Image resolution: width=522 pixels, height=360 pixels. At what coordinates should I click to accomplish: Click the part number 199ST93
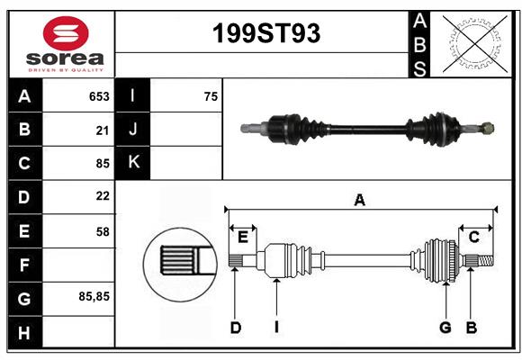265,34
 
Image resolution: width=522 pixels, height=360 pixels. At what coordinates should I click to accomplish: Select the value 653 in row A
98,96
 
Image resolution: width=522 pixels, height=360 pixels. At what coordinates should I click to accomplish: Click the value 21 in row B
103,130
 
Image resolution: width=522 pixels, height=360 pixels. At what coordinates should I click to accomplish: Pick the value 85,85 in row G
94,295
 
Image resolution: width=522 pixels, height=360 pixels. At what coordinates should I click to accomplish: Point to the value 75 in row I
211,96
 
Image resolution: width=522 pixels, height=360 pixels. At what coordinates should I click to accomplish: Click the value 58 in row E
103,231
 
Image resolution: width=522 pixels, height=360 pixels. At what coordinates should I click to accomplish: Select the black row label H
24,332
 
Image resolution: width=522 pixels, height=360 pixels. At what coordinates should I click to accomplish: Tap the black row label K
133,163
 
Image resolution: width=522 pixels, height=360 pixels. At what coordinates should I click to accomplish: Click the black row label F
24,265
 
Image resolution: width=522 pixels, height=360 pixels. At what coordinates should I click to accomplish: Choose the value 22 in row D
103,196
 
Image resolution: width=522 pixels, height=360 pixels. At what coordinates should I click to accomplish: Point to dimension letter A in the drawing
359,201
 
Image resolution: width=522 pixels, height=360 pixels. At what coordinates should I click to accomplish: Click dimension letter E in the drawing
242,237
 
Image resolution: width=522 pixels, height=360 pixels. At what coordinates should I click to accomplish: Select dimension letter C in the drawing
473,237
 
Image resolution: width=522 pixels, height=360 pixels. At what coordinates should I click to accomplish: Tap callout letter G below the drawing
445,328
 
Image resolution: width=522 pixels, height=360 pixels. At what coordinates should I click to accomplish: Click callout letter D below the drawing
236,328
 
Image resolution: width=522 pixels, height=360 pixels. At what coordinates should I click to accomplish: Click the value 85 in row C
103,164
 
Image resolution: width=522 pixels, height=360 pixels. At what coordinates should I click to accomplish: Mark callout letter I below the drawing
276,328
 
